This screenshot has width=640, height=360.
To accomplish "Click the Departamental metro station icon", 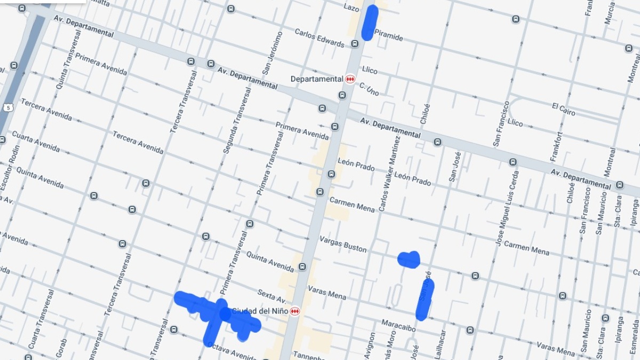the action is pyautogui.click(x=350, y=79).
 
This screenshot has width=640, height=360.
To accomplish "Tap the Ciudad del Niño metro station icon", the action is pyautogui.click(x=295, y=311).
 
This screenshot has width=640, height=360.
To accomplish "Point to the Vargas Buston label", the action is pyautogui.click(x=343, y=244).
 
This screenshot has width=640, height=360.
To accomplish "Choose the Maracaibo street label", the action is pyautogui.click(x=398, y=325).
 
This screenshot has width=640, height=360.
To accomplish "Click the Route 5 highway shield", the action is pyautogui.click(x=7, y=108).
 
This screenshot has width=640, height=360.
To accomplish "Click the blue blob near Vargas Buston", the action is pyautogui.click(x=409, y=259).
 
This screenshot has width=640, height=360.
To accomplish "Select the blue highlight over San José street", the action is pyautogui.click(x=425, y=299).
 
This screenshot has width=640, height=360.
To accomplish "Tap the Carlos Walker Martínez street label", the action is pyautogui.click(x=389, y=174).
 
